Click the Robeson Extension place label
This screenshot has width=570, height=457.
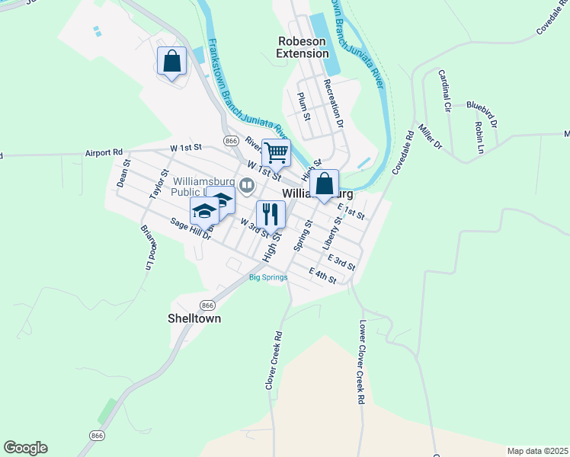click(x=303, y=47)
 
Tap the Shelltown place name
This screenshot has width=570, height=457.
click(x=194, y=318)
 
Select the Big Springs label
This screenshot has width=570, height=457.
click(x=268, y=277)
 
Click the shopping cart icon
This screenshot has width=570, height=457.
click(x=276, y=152)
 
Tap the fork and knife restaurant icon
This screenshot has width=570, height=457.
click(x=271, y=213)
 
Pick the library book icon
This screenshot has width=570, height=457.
click(x=247, y=185)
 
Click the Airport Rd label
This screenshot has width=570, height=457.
click(x=104, y=152)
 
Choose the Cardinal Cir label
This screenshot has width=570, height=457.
click(x=445, y=91)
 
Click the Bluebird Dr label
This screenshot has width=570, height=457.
click(x=482, y=113)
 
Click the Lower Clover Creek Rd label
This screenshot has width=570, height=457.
click(x=362, y=361)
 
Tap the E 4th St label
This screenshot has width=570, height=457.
click(x=322, y=276)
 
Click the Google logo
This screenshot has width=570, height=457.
click(x=25, y=448)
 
